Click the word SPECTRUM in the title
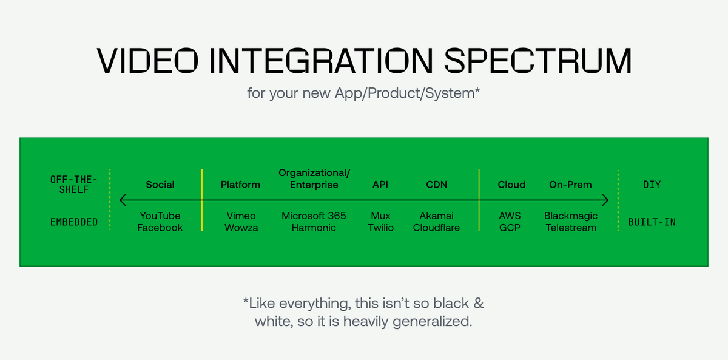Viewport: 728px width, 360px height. click(x=538, y=61)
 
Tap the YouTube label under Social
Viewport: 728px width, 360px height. click(x=160, y=216)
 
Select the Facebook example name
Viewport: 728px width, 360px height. click(x=160, y=228)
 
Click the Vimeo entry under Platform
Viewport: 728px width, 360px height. click(x=240, y=216)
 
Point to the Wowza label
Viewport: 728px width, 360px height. click(x=240, y=228)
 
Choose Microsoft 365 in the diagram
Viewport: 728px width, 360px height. click(x=314, y=216)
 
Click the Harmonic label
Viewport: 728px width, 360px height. click(x=314, y=228)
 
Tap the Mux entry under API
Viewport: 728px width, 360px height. click(x=380, y=216)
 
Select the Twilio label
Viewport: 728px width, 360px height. click(x=380, y=228)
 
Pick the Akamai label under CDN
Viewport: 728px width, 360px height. click(x=436, y=216)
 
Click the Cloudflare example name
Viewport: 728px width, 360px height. click(x=436, y=228)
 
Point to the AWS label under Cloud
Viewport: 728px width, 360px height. click(x=510, y=216)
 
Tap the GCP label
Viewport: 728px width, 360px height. click(x=510, y=228)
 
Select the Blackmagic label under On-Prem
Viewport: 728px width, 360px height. click(x=570, y=216)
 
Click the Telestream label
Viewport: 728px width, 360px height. click(x=570, y=228)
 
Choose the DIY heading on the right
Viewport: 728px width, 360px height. click(x=652, y=185)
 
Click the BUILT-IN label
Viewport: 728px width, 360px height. click(x=652, y=222)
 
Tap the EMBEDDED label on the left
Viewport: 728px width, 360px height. click(x=74, y=222)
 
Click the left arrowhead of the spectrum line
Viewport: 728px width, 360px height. click(x=122, y=200)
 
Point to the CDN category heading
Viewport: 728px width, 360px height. click(x=436, y=185)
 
